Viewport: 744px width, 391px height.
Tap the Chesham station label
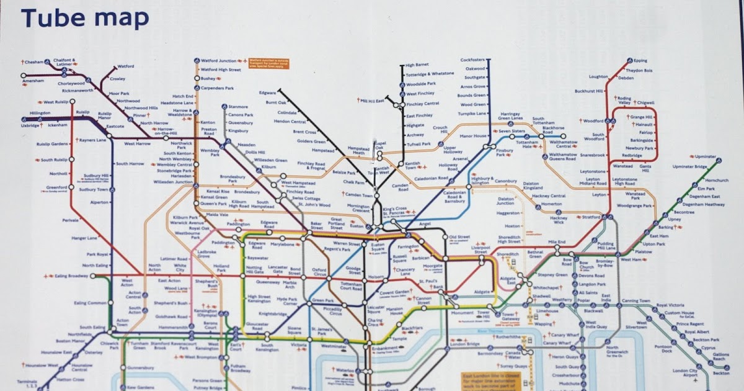34,62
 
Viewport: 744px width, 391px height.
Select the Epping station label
640,61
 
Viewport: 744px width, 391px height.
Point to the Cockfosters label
472,60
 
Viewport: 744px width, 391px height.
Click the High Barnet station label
417,65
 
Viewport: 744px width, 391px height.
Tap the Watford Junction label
219,61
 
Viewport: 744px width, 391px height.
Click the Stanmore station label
238,107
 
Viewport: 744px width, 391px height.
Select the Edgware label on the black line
267,92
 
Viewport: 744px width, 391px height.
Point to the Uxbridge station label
30,125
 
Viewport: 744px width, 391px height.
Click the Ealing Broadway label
72,276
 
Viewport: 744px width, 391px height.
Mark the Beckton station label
721,373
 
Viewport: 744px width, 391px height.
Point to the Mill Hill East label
373,101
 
